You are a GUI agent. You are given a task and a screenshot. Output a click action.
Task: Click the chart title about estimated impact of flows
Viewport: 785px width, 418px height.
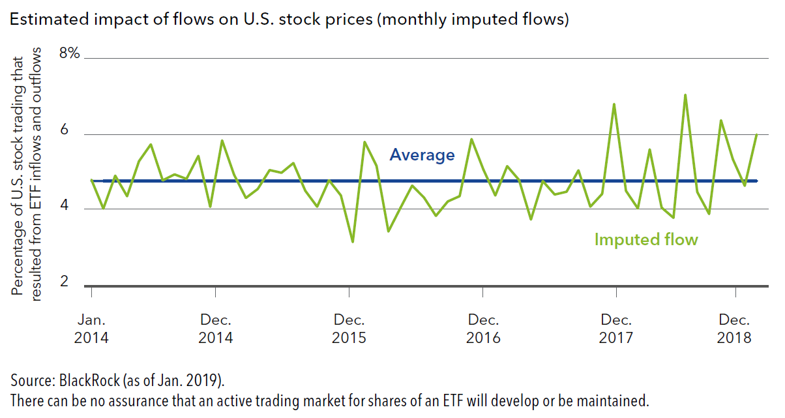pos(289,20)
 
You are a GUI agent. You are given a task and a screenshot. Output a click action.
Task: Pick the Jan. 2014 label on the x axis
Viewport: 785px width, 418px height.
pos(91,329)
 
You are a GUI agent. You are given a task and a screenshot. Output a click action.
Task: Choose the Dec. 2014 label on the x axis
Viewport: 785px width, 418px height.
pos(215,329)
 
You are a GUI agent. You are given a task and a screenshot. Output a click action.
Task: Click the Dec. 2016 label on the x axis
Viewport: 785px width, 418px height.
pos(483,329)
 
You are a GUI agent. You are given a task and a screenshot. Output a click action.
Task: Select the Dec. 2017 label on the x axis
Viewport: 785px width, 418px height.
pos(616,329)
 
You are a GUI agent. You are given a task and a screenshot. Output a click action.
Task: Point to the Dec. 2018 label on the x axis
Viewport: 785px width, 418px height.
pos(735,329)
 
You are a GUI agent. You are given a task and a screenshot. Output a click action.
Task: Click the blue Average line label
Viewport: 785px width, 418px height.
pos(422,155)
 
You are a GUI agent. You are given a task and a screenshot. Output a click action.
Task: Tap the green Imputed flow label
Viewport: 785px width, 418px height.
pos(645,239)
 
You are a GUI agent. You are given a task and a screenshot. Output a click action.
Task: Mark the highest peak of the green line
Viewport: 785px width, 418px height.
pos(685,95)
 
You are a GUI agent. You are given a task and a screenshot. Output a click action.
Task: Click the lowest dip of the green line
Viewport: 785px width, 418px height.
pos(353,242)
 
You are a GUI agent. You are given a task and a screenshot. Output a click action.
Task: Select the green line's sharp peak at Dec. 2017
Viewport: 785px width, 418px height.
pos(614,104)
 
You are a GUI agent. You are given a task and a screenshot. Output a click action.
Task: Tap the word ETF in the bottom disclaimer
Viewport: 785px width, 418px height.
pos(409,399)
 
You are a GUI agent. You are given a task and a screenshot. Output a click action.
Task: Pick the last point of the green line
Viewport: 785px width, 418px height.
pos(756,134)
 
